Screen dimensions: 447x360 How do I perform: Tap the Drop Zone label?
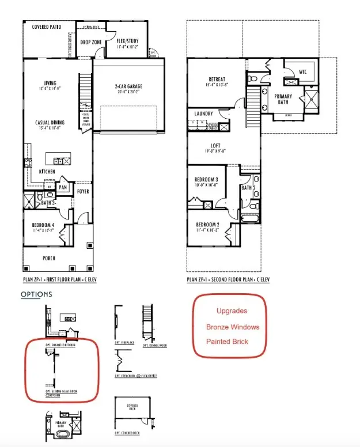tap(90, 42)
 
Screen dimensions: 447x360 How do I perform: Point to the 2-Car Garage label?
tap(128, 87)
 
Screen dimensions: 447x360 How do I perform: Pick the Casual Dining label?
tap(50, 122)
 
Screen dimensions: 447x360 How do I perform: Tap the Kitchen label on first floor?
tap(47, 172)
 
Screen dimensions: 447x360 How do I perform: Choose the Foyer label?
tap(83, 191)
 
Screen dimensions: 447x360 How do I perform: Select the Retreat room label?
tap(217, 80)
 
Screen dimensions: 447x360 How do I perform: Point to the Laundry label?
tap(204, 113)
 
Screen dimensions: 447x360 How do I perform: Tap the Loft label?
tap(215, 146)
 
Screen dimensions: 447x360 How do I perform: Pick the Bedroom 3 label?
tap(207, 180)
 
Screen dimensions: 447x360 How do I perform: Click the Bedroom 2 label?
tap(207, 225)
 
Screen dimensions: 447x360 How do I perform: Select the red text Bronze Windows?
tap(233, 327)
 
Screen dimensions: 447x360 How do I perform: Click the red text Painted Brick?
tap(227, 341)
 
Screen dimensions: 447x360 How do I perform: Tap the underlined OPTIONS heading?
tap(36, 294)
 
